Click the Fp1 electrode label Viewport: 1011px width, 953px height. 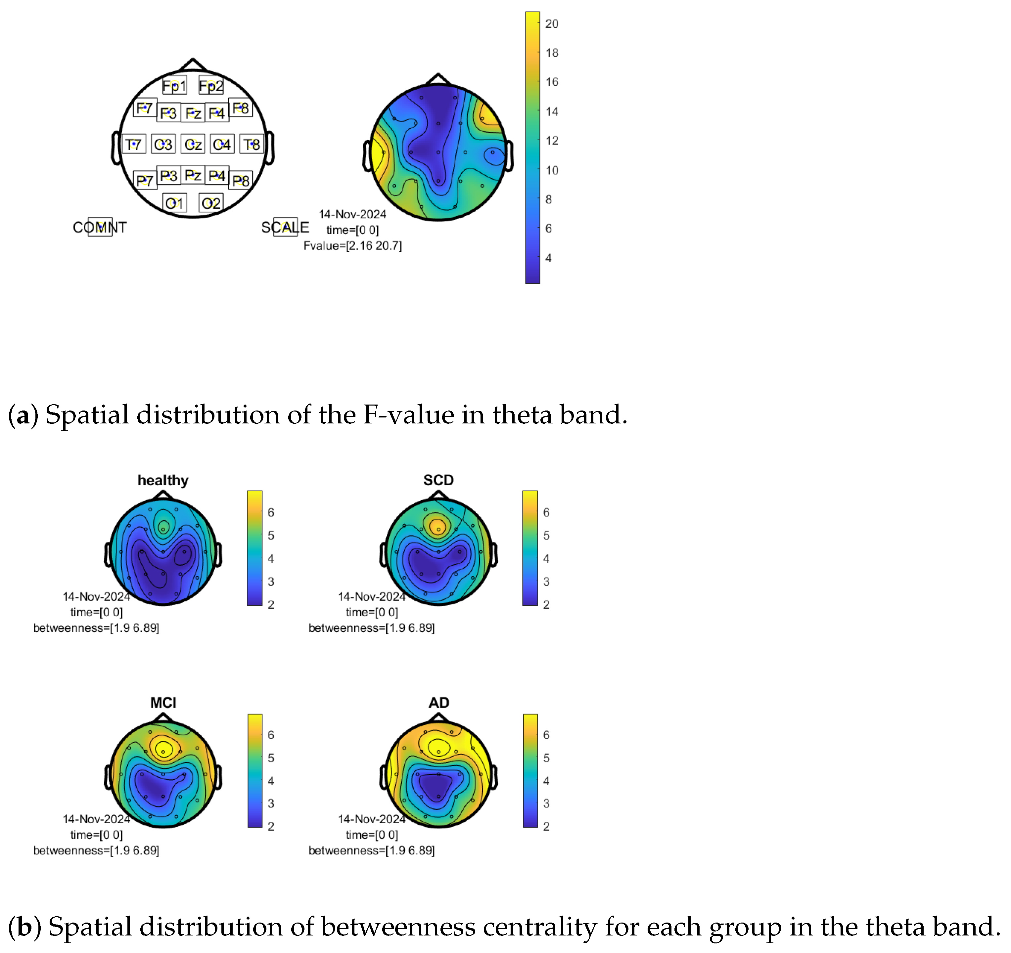point(174,86)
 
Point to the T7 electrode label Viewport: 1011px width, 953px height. point(133,145)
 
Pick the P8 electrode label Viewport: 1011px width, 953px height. point(241,180)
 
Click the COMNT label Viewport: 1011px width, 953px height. point(100,227)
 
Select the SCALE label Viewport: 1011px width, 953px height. point(285,227)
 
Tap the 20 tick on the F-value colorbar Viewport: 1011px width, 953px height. point(551,24)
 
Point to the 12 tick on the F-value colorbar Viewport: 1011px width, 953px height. point(551,141)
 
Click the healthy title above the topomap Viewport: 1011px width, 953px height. point(163,480)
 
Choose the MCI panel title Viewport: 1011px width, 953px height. point(163,703)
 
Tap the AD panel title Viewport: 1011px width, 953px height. point(438,703)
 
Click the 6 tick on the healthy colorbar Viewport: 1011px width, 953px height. point(271,512)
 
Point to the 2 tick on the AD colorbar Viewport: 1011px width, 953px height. point(546,826)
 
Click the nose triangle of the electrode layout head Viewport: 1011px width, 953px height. point(193,65)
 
